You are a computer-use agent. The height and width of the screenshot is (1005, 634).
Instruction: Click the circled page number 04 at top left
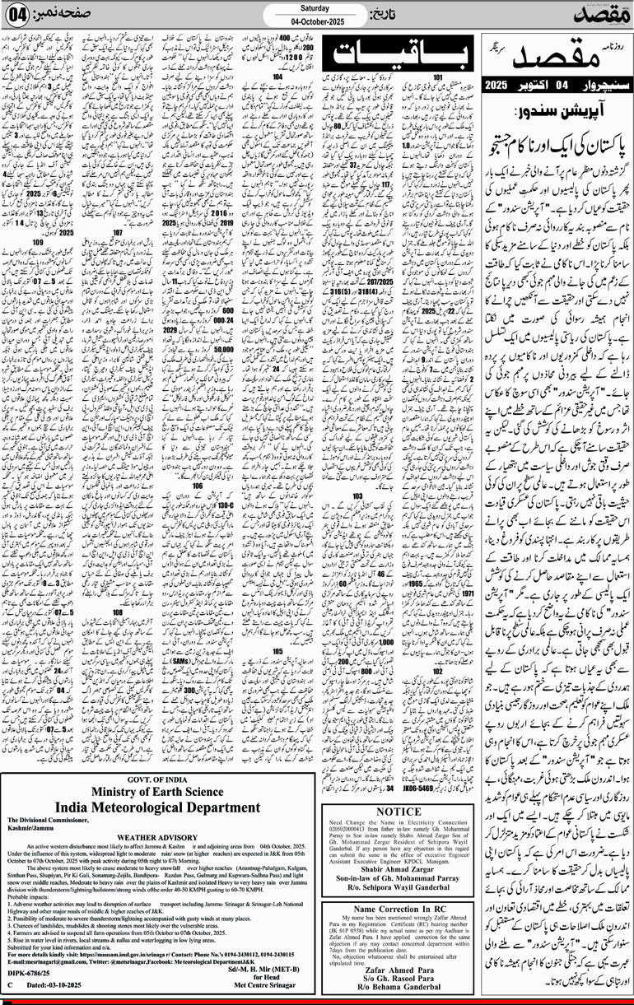click(x=20, y=15)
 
